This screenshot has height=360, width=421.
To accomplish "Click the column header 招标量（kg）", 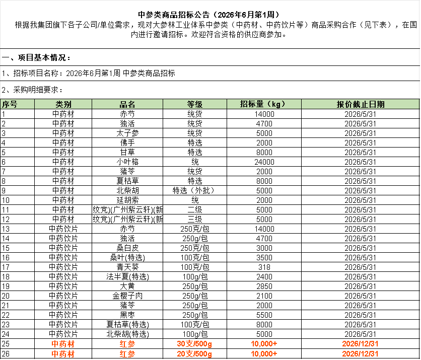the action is pyautogui.click(x=262, y=104).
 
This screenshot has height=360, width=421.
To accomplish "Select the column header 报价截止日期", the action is pyautogui.click(x=361, y=104).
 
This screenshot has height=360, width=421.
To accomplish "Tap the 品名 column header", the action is pyautogui.click(x=127, y=104).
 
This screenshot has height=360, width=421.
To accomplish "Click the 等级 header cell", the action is pyautogui.click(x=195, y=104).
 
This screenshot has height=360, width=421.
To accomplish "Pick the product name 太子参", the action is pyautogui.click(x=127, y=133).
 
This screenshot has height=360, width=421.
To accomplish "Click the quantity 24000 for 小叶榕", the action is pyautogui.click(x=264, y=162).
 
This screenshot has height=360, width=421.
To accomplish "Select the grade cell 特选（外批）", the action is pyautogui.click(x=195, y=191).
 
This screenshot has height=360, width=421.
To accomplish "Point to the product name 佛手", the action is pyautogui.click(x=127, y=143).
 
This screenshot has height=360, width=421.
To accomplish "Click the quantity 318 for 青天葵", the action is pyautogui.click(x=264, y=267).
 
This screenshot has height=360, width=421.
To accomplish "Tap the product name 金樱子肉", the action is pyautogui.click(x=127, y=296).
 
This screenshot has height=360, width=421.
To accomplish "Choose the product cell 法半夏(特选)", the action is pyautogui.click(x=127, y=277).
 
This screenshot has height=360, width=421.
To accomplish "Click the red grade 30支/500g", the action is pyautogui.click(x=194, y=344).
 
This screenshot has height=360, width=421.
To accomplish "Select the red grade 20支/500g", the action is pyautogui.click(x=194, y=354).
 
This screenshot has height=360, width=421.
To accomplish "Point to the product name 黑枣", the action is pyautogui.click(x=127, y=315).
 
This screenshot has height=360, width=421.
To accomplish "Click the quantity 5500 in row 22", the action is pyautogui.click(x=264, y=315).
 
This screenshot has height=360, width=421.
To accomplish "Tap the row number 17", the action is pyautogui.click(x=6, y=267).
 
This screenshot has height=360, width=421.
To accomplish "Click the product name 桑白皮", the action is pyautogui.click(x=127, y=248).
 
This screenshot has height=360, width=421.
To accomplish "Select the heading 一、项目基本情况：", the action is pyautogui.click(x=36, y=57).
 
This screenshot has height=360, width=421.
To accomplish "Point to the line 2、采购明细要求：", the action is pyautogui.click(x=32, y=90).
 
